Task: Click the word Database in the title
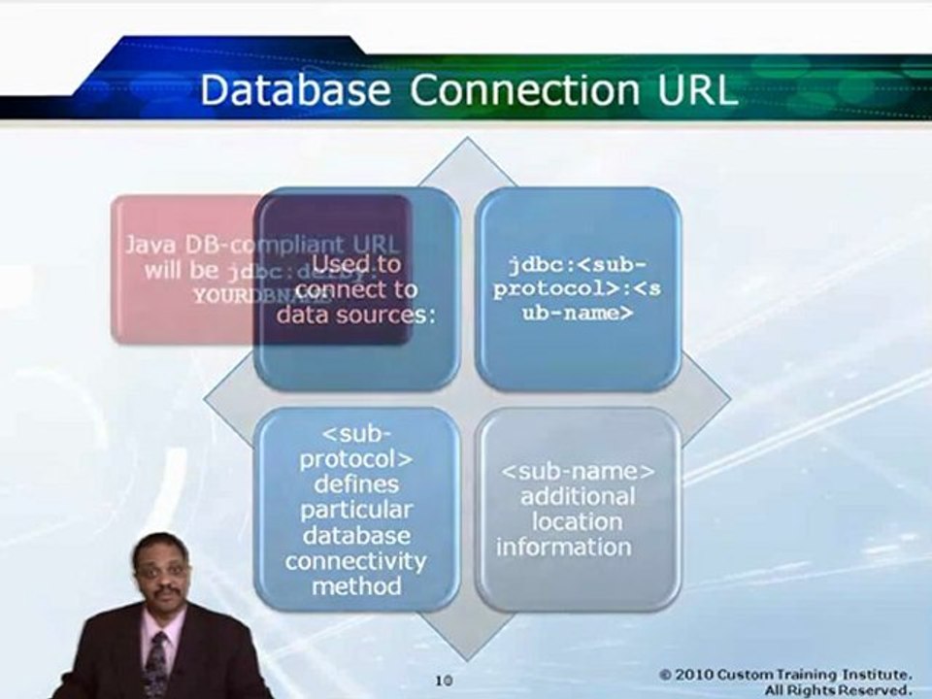[x=295, y=90]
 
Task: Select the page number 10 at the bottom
[x=444, y=682]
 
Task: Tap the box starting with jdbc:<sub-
[x=579, y=288]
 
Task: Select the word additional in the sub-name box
[x=578, y=497]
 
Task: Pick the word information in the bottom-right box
[x=564, y=547]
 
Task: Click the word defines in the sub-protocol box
[x=356, y=483]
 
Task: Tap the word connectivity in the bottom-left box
[x=356, y=560]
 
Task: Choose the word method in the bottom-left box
[x=356, y=585]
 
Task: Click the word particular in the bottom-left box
[x=356, y=509]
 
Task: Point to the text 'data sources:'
[x=348, y=315]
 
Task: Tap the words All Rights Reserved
[x=838, y=690]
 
